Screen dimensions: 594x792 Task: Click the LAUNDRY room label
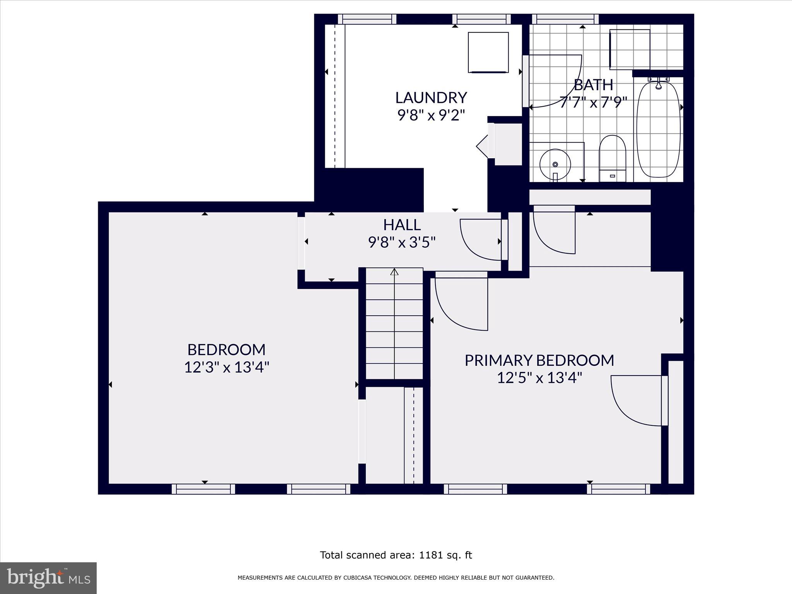431,97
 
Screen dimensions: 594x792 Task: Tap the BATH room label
593,84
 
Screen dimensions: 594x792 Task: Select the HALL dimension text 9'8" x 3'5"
402,242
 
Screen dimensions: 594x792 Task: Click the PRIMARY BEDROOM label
539,360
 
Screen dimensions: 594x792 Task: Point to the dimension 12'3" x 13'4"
226,367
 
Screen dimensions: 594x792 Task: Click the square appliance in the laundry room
488,53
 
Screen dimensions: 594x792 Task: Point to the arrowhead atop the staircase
394,272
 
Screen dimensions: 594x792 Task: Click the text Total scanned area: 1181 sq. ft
396,555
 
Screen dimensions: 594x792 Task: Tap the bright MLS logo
48,578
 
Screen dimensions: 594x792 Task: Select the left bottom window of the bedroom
203,489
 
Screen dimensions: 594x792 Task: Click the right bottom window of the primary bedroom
618,489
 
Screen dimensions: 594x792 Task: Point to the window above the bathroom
565,19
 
